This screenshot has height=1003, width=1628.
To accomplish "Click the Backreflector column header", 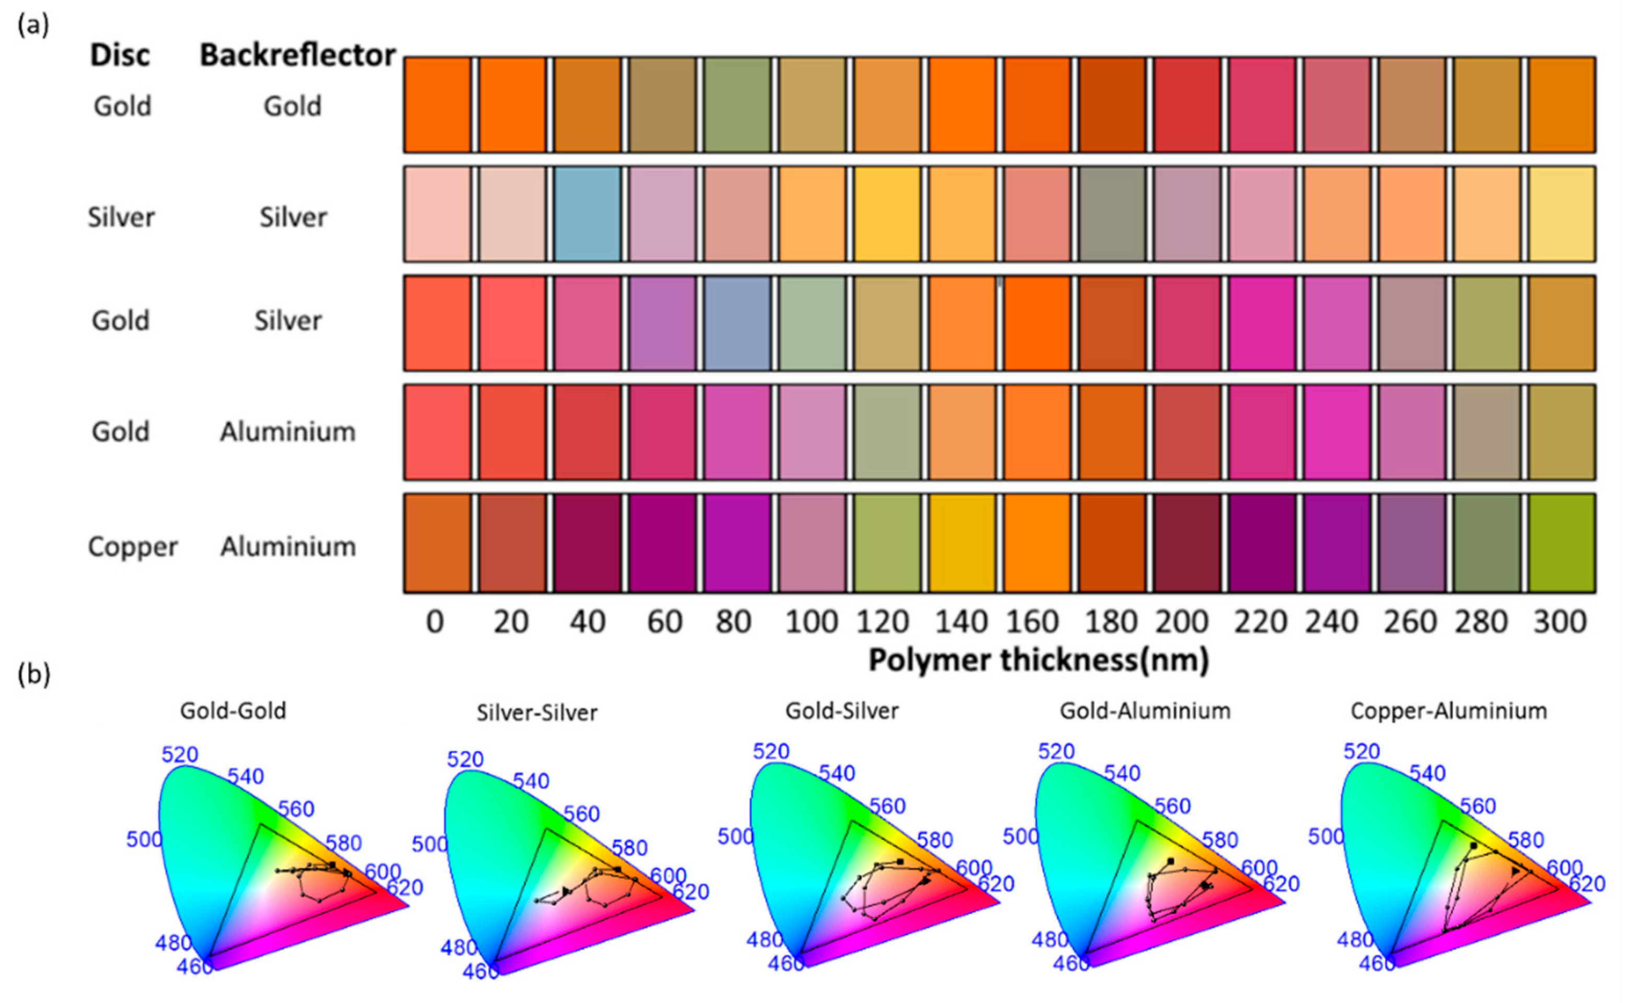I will tap(297, 55).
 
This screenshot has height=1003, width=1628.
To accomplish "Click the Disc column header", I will tap(120, 55).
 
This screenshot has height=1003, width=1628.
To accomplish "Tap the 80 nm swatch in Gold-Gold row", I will tap(737, 105).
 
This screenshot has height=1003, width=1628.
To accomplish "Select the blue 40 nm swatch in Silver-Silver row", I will tap(587, 214).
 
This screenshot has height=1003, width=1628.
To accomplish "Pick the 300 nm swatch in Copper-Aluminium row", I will tap(1561, 543).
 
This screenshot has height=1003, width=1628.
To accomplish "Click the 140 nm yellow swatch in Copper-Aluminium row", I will tap(962, 543).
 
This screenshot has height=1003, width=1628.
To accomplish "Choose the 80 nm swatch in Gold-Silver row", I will tap(737, 323).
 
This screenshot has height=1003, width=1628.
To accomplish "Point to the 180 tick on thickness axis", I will tap(1111, 622).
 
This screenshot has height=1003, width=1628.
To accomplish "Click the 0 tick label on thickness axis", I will tap(435, 622).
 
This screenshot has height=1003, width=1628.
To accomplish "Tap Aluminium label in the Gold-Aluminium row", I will tap(288, 432).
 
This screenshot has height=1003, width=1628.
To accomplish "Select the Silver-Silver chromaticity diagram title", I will tap(537, 713).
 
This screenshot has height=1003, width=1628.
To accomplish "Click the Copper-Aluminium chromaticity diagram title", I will tap(1449, 711).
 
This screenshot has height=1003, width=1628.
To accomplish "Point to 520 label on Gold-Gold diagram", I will tap(180, 754).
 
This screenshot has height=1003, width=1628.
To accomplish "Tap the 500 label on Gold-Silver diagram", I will tap(735, 836).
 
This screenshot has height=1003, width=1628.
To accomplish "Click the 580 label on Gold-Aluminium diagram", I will tap(1220, 840).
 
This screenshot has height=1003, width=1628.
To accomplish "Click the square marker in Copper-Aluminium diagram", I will tap(1473, 846).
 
